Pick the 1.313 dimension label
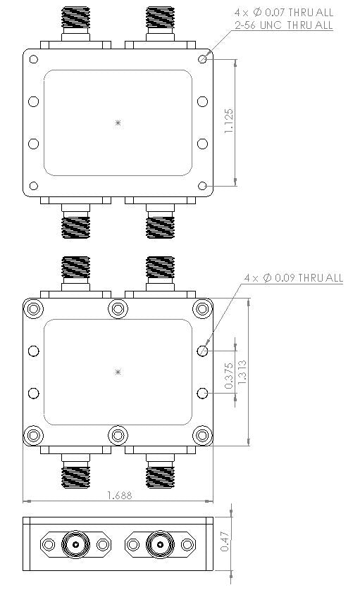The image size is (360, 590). pyautogui.click(x=242, y=372)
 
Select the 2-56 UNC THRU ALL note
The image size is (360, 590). pyautogui.click(x=283, y=25)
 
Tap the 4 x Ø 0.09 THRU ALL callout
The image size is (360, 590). pyautogui.click(x=292, y=278)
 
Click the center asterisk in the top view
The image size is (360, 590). pyautogui.click(x=118, y=123)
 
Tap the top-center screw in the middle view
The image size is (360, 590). pyautogui.click(x=118, y=308)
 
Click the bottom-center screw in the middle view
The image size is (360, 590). pyautogui.click(x=118, y=435)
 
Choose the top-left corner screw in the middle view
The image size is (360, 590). pyautogui.click(x=33, y=308)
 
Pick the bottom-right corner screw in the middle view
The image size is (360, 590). pyautogui.click(x=202, y=435)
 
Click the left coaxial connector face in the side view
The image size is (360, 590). pyautogui.click(x=75, y=544)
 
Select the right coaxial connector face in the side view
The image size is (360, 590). pyautogui.click(x=160, y=544)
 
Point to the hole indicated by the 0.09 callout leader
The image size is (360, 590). pyautogui.click(x=202, y=350)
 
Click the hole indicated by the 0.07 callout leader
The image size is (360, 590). pyautogui.click(x=202, y=60)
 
